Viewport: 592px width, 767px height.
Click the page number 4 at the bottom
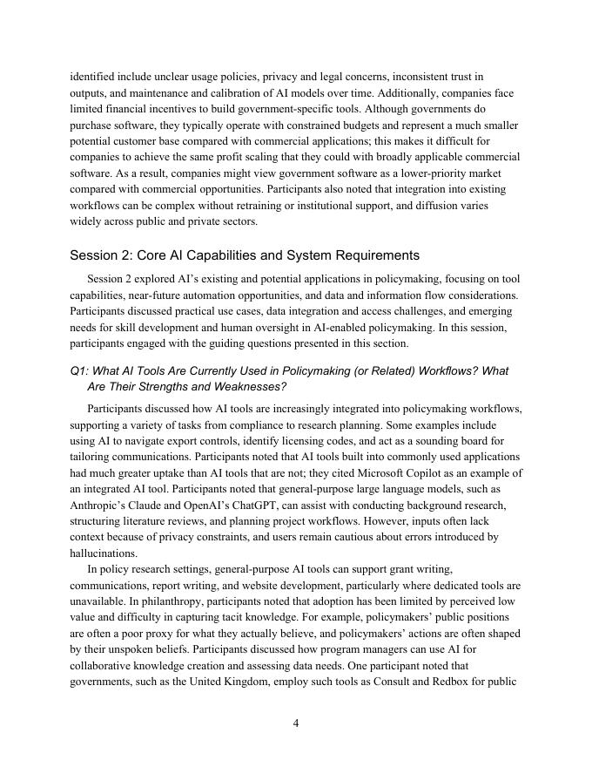(x=296, y=723)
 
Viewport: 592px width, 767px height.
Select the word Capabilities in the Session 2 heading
(x=235, y=255)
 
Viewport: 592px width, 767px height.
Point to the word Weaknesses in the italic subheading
(x=248, y=386)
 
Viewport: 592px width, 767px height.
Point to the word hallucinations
(x=104, y=553)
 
